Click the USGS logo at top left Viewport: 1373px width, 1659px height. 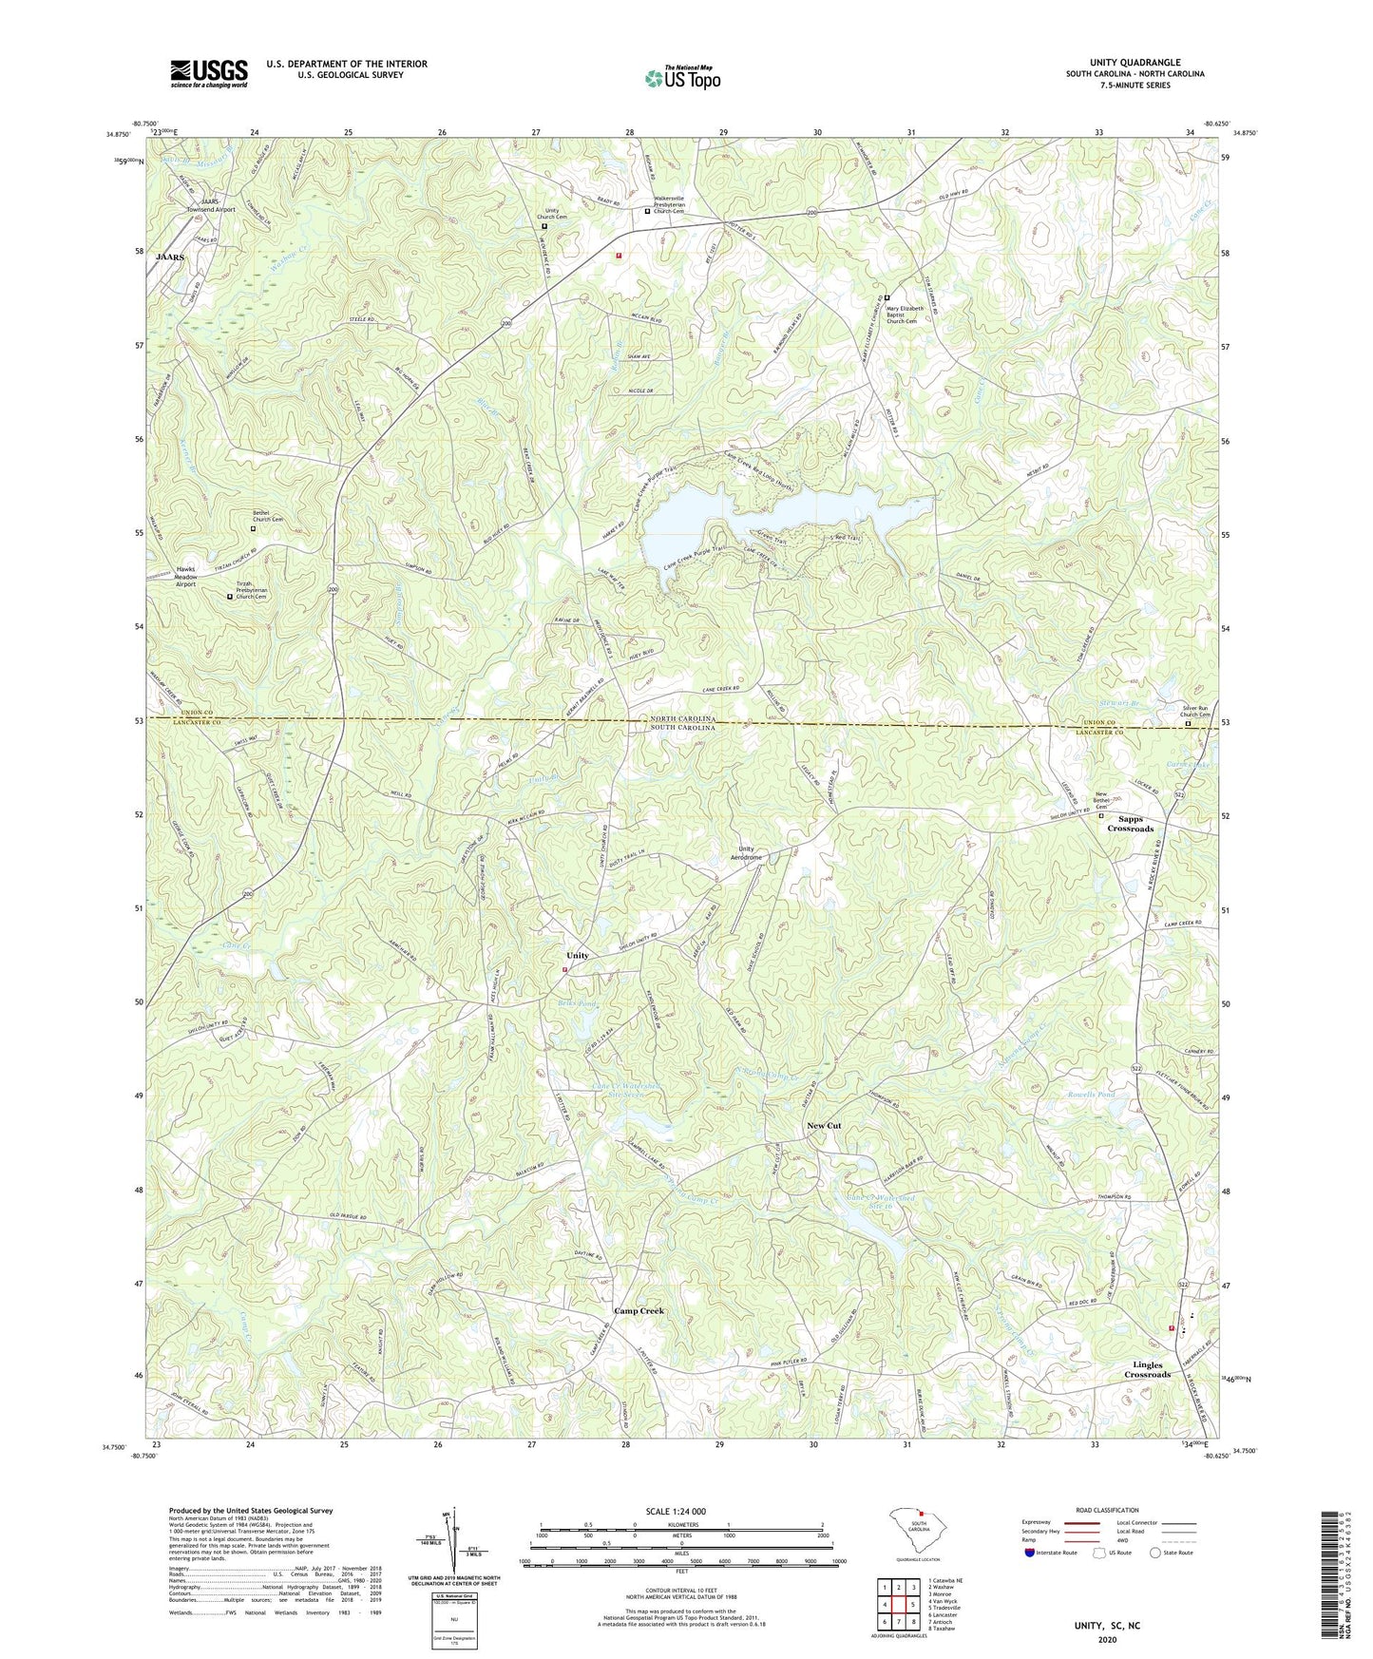pyautogui.click(x=209, y=73)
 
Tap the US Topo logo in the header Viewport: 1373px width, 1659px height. pyautogui.click(x=682, y=79)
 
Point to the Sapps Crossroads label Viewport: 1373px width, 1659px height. pyautogui.click(x=1130, y=824)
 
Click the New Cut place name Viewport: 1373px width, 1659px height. pyautogui.click(x=824, y=1126)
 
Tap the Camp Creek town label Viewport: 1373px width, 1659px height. pyautogui.click(x=639, y=1310)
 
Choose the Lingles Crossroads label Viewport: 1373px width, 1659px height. pyautogui.click(x=1147, y=1369)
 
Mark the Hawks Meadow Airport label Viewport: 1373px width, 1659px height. pyautogui.click(x=185, y=577)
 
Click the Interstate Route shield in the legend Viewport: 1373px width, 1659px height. pyautogui.click(x=1030, y=1553)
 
